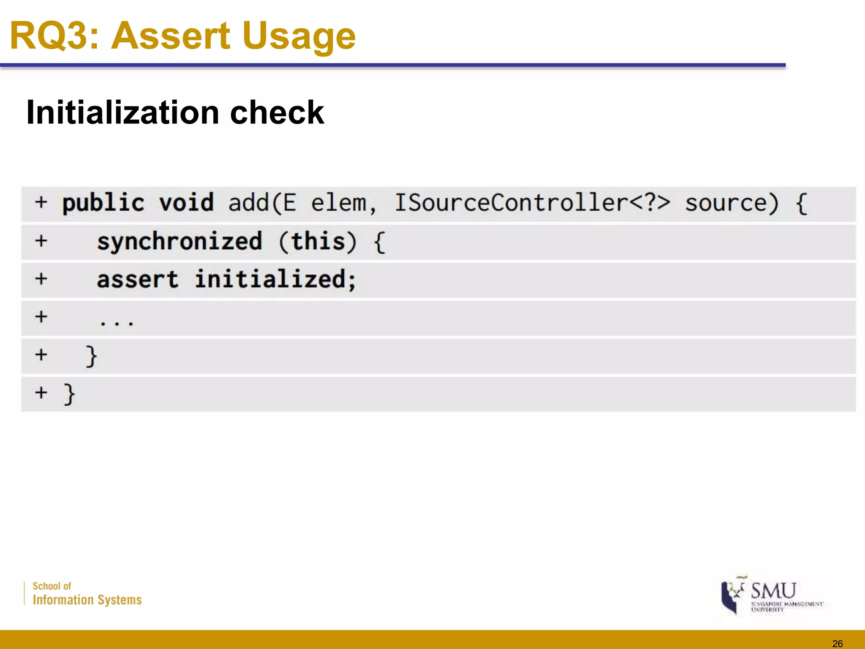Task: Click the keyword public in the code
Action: pos(103,203)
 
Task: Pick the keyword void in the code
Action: pos(186,203)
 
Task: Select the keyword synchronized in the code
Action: pos(180,242)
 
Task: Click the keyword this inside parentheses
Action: pos(318,242)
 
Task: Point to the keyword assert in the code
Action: pos(138,280)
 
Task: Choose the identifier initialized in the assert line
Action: pos(275,280)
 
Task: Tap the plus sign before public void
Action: pos(41,202)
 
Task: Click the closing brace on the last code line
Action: pos(69,394)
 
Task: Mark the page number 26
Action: pos(837,644)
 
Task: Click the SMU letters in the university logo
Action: pos(773,590)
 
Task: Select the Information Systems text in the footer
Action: pos(87,600)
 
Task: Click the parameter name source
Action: pos(732,203)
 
